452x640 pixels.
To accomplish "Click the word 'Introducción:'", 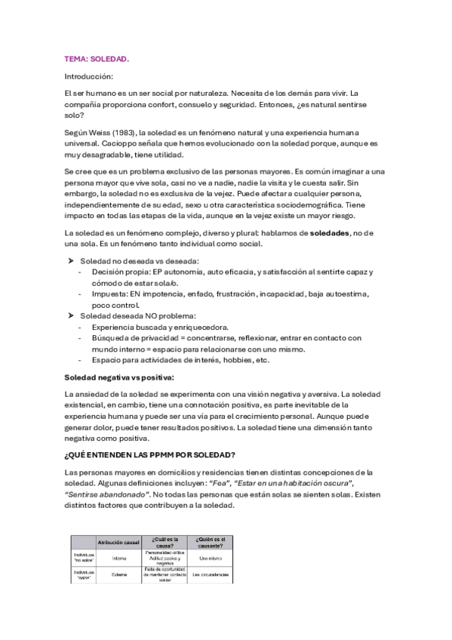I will tap(89, 75).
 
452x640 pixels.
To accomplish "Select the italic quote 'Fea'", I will tap(223, 483).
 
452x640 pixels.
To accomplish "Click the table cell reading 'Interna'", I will tap(119, 558).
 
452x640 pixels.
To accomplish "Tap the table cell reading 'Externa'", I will tap(119, 575).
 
